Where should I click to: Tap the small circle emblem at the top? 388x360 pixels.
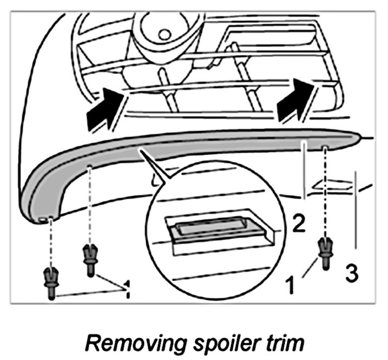(x=164, y=35)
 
